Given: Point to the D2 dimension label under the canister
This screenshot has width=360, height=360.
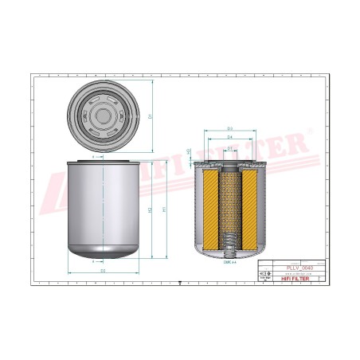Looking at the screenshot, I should pos(104,272).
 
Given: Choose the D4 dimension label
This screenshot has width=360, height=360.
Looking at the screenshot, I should pos(229,138).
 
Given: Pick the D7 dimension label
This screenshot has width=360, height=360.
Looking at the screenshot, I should pos(229,147).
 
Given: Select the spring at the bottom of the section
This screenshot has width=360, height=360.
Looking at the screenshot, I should pos(229,239).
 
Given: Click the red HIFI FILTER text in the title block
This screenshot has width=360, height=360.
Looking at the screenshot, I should pos(297,278).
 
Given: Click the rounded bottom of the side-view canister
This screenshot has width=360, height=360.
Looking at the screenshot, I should pos(104,253).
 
